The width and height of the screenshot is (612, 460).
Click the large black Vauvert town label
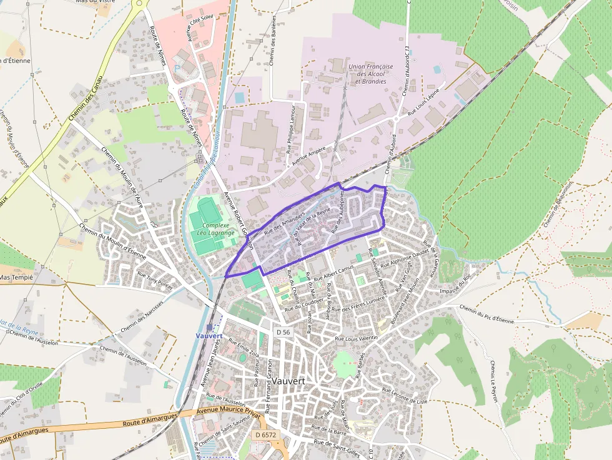click(x=280, y=381)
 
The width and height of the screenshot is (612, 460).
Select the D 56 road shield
click(x=283, y=333)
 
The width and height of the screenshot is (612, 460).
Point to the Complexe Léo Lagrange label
click(x=215, y=229)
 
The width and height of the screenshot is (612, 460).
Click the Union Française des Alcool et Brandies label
click(x=370, y=74)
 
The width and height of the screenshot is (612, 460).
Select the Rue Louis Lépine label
click(x=424, y=104)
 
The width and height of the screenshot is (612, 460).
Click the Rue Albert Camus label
click(x=333, y=273)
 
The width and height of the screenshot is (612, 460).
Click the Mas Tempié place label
click(x=16, y=276)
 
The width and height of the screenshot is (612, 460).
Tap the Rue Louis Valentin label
click(x=357, y=338)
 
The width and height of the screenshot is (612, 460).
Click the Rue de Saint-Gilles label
click(x=338, y=446)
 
